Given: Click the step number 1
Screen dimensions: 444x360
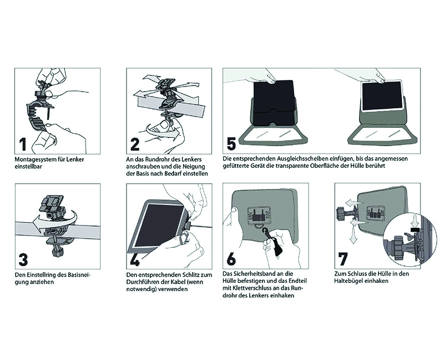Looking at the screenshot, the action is click(x=23, y=144).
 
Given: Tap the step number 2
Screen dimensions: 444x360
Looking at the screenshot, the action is click(x=135, y=144).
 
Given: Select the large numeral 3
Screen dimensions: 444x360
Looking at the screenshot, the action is click(x=23, y=259).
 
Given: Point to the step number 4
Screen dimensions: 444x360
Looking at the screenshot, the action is click(x=135, y=259).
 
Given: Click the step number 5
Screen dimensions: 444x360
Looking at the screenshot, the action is click(x=231, y=144).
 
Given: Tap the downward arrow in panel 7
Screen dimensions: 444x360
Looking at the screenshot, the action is click(x=352, y=232).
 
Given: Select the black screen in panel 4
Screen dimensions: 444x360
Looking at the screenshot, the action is click(x=160, y=225).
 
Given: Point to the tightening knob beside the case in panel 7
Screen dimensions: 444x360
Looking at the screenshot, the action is click(x=341, y=214).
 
